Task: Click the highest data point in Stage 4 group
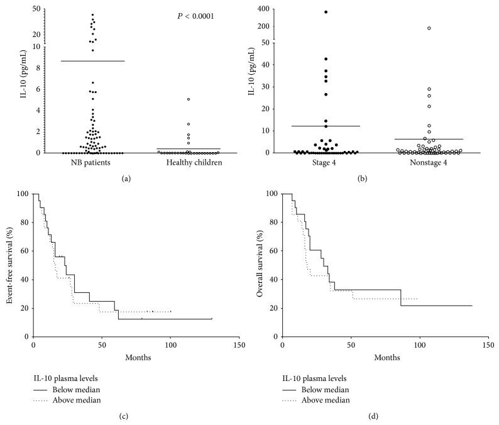point(326,12)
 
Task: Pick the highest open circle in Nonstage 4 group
point(429,28)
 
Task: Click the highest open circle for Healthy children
point(189,99)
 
